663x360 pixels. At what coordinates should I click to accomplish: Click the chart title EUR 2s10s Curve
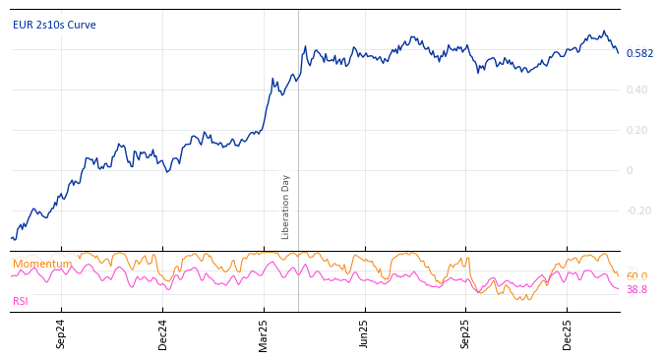pos(54,25)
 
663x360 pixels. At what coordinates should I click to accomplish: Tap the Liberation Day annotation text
pos(286,207)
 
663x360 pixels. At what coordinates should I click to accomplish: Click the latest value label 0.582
pos(639,53)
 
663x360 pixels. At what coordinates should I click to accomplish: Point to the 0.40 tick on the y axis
pos(637,90)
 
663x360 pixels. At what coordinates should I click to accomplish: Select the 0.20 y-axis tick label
pos(637,131)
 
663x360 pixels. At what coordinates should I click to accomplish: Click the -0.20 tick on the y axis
pos(638,210)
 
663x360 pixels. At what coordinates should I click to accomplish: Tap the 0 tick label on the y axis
pos(630,171)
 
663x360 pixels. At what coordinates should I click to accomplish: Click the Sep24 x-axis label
pos(61,334)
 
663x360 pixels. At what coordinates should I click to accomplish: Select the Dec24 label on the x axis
pos(163,334)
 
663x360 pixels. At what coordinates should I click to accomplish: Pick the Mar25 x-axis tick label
pos(265,334)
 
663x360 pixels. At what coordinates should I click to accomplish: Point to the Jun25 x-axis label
pos(365,334)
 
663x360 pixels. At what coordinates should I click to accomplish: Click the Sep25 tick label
pos(466,334)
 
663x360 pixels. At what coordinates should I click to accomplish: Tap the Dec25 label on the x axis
pos(568,334)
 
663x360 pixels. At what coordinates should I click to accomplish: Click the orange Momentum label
pos(41,264)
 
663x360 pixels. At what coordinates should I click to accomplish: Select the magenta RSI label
pos(21,301)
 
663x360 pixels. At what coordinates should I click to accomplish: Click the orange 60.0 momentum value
pos(636,276)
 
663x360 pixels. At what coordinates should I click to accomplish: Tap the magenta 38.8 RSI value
pos(636,290)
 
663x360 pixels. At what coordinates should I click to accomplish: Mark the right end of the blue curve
pos(618,52)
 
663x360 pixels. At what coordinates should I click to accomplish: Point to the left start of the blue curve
pos(12,238)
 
